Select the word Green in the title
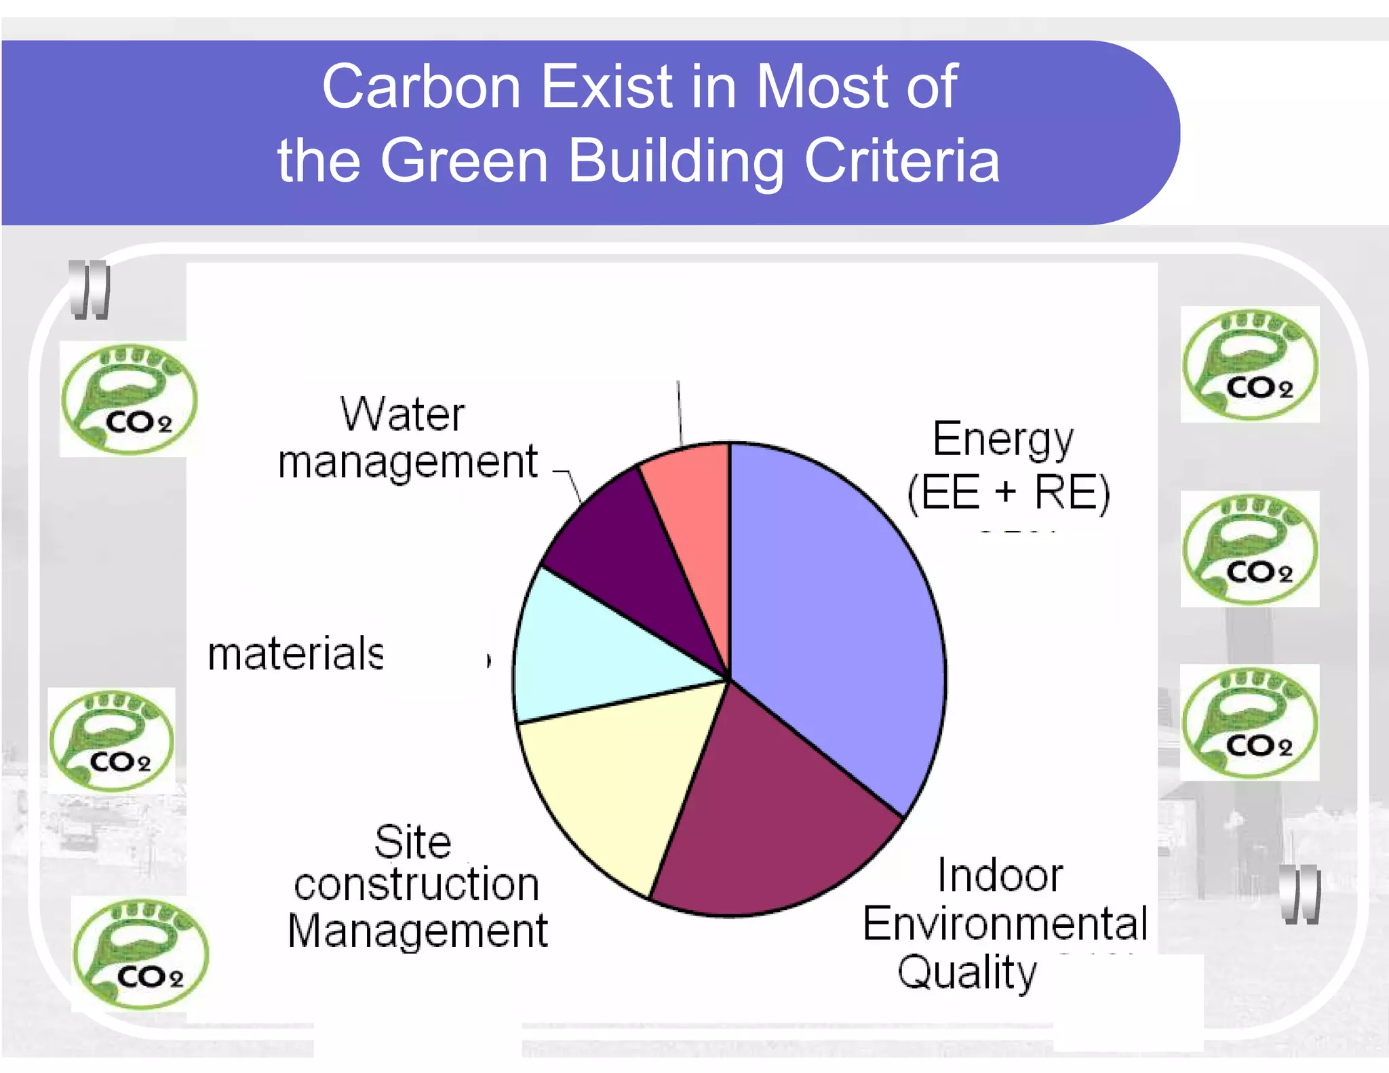pos(464,161)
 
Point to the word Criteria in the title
pos(901,161)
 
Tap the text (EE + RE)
pos(1009,492)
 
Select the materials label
pos(296,654)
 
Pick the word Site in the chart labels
pos(412,842)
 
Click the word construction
pos(416,884)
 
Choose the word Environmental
pos(1005,923)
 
